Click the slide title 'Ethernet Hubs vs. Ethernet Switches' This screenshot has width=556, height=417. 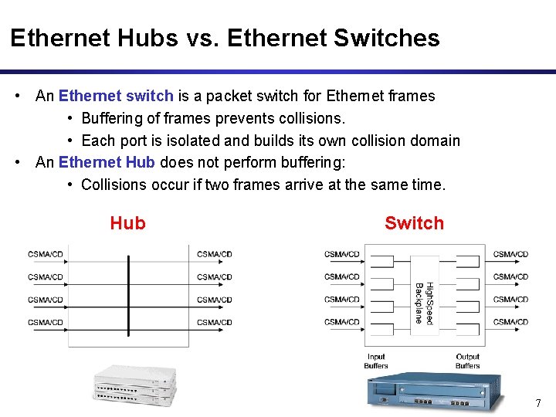pyautogui.click(x=225, y=38)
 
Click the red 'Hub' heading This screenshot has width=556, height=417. pyautogui.click(x=127, y=223)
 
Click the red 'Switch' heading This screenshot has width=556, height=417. pyautogui.click(x=414, y=223)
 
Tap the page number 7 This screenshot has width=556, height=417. pyautogui.click(x=538, y=403)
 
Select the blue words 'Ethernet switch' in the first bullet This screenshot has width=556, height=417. pyautogui.click(x=116, y=97)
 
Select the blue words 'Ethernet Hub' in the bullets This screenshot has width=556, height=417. pyautogui.click(x=107, y=163)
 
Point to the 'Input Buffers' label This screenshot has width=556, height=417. pyautogui.click(x=375, y=361)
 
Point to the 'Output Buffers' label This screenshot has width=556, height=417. pyautogui.click(x=467, y=361)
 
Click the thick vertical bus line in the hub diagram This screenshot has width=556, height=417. pyautogui.click(x=129, y=293)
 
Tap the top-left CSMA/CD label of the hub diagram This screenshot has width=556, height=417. pyautogui.click(x=46, y=254)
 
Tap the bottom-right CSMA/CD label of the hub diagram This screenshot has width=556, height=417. pyautogui.click(x=214, y=322)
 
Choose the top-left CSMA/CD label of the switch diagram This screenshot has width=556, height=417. pyautogui.click(x=342, y=254)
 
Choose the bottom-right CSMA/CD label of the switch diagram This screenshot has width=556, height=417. pyautogui.click(x=510, y=322)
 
